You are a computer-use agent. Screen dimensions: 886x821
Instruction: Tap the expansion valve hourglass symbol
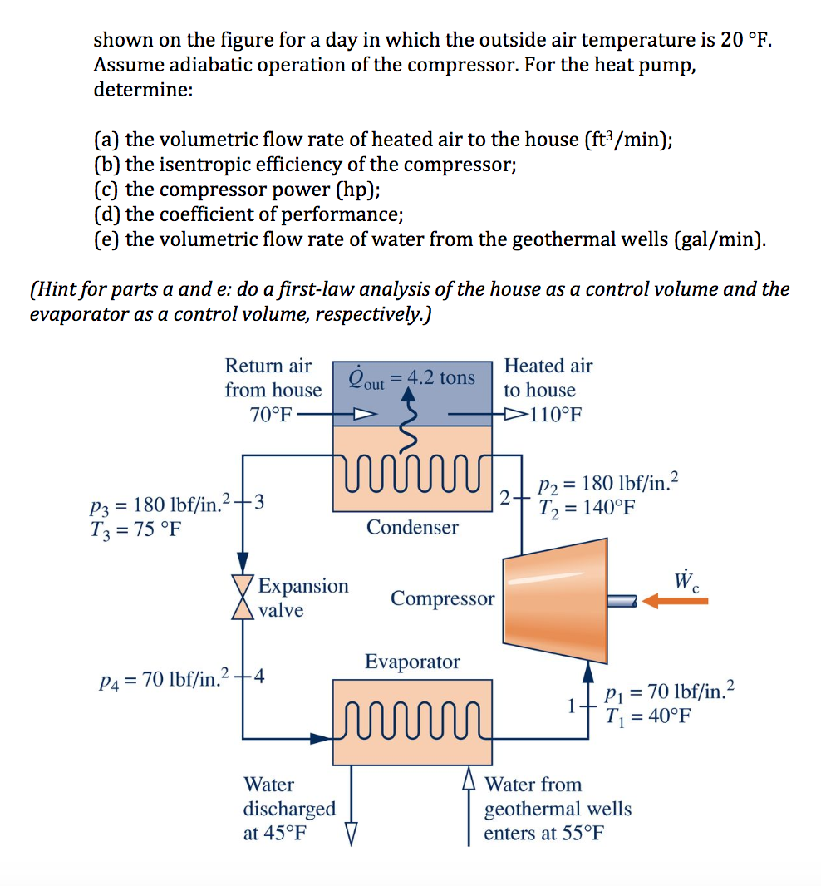pos(243,597)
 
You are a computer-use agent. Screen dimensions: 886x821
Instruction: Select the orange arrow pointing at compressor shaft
pos(675,600)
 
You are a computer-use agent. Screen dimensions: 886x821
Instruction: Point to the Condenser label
pos(412,527)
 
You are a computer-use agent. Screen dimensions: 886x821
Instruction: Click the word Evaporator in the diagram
pos(412,662)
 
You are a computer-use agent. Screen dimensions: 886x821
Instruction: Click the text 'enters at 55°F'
pos(544,833)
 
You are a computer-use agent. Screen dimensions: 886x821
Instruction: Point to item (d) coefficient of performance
pos(248,215)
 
